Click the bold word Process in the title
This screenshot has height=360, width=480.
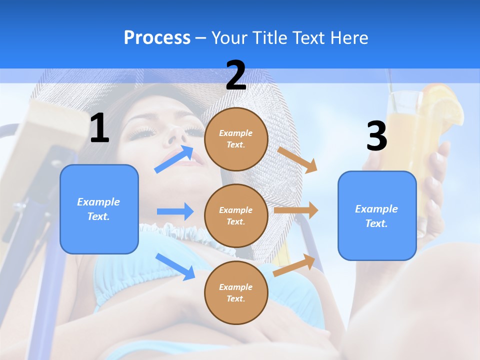[x=157, y=38]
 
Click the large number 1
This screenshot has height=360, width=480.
[x=99, y=128]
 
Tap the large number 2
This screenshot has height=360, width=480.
[x=236, y=76]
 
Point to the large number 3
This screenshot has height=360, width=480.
[x=376, y=136]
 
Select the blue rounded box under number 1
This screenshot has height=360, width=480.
[x=99, y=209]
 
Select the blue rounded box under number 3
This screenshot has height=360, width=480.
[x=377, y=215]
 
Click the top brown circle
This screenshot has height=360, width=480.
[x=236, y=138]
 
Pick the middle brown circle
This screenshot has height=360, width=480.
[x=236, y=215]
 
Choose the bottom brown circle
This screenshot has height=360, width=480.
[x=236, y=292]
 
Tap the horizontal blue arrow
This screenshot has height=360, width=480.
[x=175, y=211]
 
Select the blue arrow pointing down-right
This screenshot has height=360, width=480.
[x=175, y=266]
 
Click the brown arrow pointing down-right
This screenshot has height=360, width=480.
[x=298, y=159]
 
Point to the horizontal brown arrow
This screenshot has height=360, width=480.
[x=296, y=210]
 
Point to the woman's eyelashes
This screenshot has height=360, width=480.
[x=145, y=132]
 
